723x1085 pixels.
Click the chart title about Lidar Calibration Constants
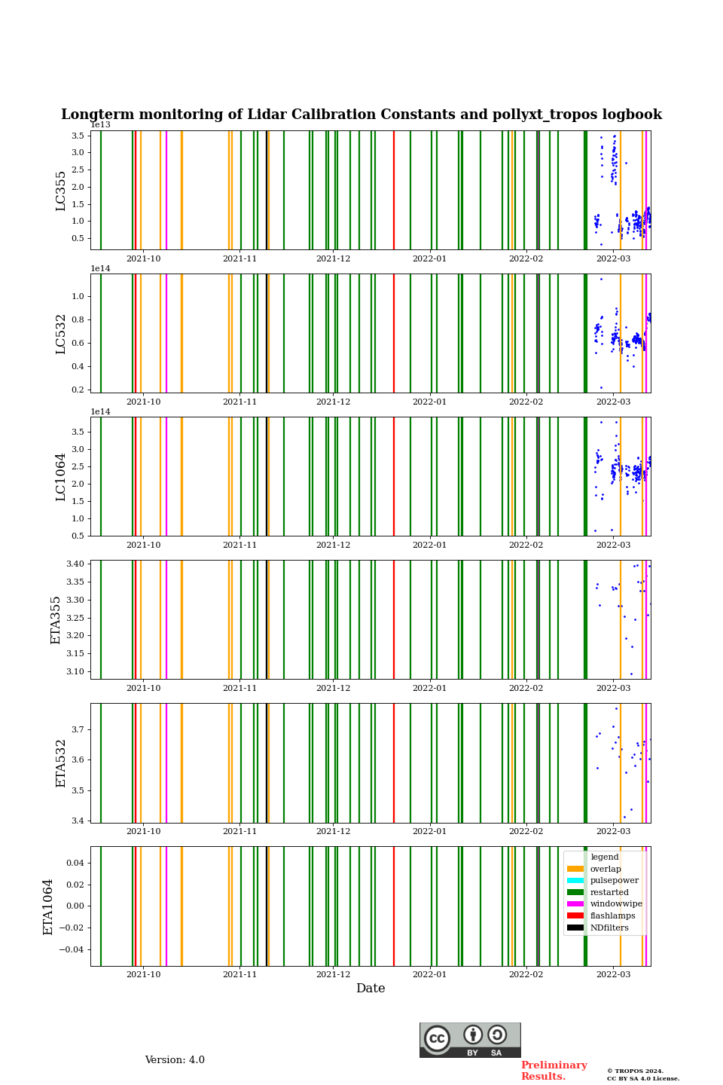click(x=361, y=115)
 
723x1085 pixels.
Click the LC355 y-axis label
click(x=61, y=191)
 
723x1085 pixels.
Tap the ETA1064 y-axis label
click(x=48, y=906)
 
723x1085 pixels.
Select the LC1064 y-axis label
click(x=61, y=477)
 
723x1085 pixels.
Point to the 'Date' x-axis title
click(x=371, y=989)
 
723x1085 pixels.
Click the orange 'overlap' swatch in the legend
click(x=575, y=869)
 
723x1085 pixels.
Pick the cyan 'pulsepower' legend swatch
click(x=575, y=881)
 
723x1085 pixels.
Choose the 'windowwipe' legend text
click(x=616, y=904)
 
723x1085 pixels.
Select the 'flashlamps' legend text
click(x=612, y=916)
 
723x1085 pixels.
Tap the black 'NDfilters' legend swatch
click(x=575, y=928)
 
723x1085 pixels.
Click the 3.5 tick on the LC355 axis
click(x=78, y=136)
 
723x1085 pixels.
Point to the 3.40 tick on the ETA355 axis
click(x=75, y=564)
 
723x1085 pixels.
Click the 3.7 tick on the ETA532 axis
click(x=78, y=729)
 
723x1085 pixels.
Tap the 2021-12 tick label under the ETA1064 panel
click(x=333, y=975)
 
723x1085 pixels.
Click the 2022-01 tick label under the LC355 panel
click(x=429, y=259)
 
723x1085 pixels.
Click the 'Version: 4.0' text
click(x=175, y=1060)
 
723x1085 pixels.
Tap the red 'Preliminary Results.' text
click(x=554, y=1071)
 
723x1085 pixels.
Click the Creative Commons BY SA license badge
click(x=470, y=1040)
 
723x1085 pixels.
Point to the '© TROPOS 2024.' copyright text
click(x=635, y=1071)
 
